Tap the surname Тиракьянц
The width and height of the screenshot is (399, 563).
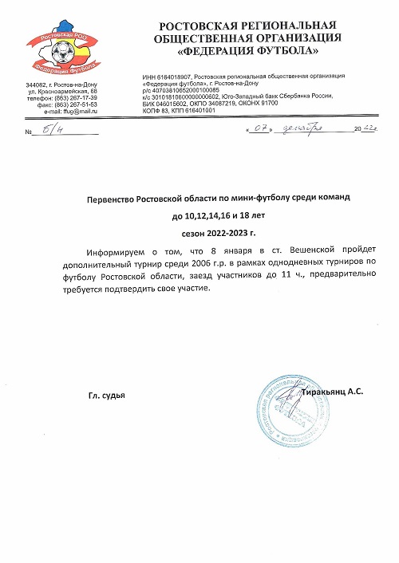(x=328, y=392)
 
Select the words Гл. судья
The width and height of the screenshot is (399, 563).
(x=107, y=396)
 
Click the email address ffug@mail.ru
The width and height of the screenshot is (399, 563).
(x=78, y=111)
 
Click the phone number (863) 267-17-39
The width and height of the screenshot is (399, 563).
(x=77, y=98)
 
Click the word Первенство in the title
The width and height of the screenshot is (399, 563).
(x=116, y=196)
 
